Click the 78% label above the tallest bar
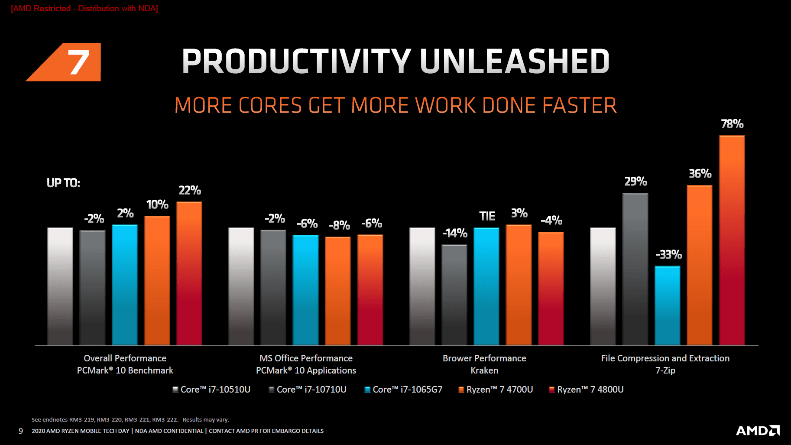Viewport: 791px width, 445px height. click(732, 124)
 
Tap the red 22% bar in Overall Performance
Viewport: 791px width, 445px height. click(189, 273)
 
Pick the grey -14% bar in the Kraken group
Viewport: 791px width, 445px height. click(454, 295)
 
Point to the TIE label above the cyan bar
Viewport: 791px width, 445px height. click(487, 216)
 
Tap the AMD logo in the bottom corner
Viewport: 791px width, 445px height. click(758, 430)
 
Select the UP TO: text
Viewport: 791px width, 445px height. click(63, 183)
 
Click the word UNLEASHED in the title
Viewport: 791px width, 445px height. click(515, 61)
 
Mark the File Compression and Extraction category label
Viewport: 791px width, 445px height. click(665, 358)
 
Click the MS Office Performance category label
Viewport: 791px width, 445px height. click(306, 358)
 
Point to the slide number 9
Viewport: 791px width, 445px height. click(21, 431)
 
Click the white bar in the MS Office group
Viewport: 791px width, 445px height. click(241, 286)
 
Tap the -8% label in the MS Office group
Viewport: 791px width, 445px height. click(339, 225)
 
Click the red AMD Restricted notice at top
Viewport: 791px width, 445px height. click(84, 9)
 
